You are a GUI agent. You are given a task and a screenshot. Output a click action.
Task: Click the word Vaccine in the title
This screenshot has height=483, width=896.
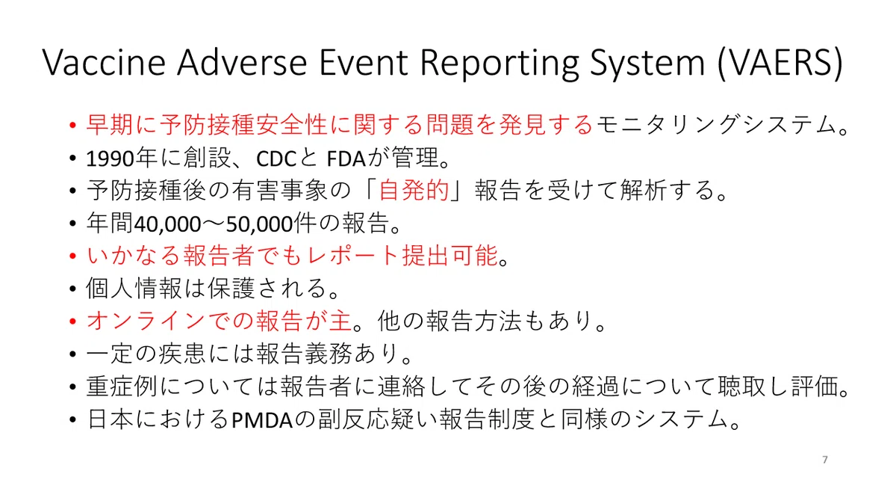(x=104, y=63)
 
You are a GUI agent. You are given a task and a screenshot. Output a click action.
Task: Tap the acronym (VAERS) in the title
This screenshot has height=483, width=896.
(x=781, y=64)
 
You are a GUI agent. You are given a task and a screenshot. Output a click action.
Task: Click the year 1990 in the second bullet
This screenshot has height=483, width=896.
(x=110, y=159)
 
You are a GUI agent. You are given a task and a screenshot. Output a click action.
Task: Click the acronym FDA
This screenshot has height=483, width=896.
(x=346, y=159)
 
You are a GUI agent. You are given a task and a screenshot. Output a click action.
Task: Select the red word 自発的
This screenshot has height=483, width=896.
(x=414, y=190)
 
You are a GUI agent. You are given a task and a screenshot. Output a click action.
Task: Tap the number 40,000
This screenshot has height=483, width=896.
(x=167, y=224)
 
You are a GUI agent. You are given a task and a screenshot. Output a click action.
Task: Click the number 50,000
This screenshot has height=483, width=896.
(x=259, y=224)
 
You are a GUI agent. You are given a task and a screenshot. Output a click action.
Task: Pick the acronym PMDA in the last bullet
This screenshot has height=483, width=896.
(x=262, y=420)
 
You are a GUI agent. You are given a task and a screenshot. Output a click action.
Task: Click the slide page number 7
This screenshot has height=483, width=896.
(x=825, y=459)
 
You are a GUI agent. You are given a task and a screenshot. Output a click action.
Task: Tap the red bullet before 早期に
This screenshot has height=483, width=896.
(x=72, y=125)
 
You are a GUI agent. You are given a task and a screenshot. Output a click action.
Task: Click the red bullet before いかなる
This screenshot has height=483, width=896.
(x=72, y=256)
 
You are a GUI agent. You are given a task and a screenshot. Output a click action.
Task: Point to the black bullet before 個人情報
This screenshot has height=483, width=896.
(x=72, y=289)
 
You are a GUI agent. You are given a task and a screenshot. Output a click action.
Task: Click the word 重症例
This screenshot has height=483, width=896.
(x=122, y=387)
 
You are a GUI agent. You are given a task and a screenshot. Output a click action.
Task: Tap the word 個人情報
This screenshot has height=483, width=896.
(x=134, y=289)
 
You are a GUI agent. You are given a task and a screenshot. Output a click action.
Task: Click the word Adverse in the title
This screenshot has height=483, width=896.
(x=242, y=63)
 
